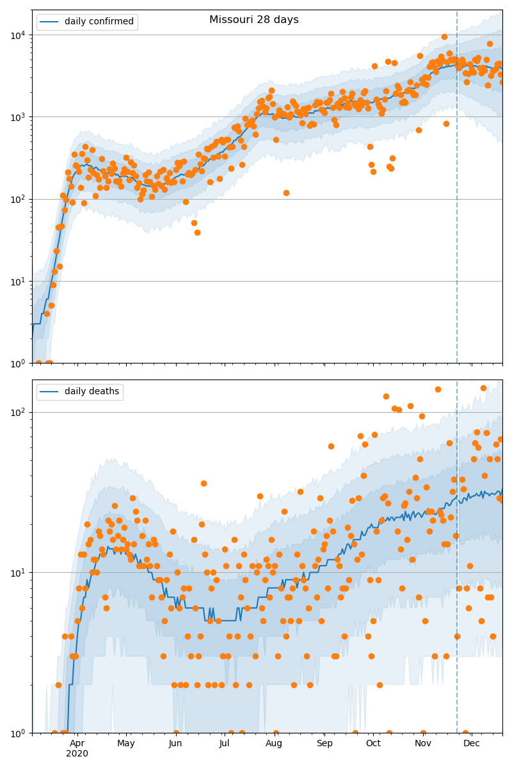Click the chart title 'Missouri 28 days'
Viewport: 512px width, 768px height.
254,20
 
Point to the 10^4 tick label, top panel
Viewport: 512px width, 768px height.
17,35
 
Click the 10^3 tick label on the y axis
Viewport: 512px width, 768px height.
17,117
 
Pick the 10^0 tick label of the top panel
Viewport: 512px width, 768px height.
17,363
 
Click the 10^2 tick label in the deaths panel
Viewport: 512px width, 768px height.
17,412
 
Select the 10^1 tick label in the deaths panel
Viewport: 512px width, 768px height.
17,572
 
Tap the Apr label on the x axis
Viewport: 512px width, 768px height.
77,744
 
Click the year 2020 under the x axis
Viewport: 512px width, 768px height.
77,753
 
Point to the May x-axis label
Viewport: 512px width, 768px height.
126,744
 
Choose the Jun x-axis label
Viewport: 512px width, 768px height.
175,744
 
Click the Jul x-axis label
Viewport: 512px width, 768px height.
224,744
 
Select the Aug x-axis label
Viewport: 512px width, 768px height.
274,744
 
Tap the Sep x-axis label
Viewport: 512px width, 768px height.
324,744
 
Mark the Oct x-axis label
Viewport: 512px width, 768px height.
373,744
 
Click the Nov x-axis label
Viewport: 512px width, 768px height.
423,744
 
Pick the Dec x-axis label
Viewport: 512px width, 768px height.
472,744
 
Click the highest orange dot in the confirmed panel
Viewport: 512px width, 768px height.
444,36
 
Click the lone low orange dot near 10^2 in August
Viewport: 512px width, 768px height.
286,193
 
